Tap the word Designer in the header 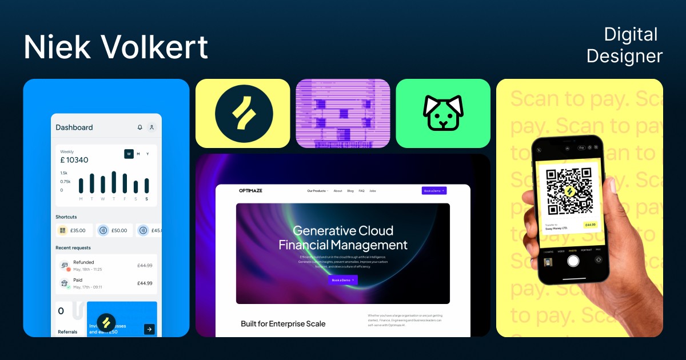(624, 56)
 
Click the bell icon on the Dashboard (140, 127)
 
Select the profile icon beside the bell (151, 127)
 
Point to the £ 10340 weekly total (74, 160)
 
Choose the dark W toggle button (129, 154)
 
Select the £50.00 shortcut (114, 230)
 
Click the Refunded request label (83, 262)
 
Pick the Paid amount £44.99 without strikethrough (145, 283)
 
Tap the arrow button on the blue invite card (149, 329)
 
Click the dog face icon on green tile (442, 113)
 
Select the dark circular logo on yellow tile (244, 113)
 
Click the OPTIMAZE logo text (251, 191)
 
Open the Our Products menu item (317, 191)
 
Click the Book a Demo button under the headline (343, 280)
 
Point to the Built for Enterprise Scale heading (283, 324)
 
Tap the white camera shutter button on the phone (573, 261)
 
